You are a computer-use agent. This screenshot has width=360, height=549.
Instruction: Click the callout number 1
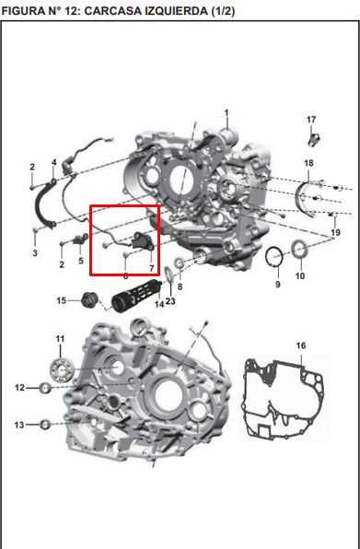coord(226,113)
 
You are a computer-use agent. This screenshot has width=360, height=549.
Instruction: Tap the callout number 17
coord(311,120)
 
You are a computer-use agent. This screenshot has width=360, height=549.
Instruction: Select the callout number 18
coord(308,163)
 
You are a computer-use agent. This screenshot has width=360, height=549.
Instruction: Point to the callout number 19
coord(335,232)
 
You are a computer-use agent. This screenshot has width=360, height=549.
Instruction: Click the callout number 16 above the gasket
coord(301,345)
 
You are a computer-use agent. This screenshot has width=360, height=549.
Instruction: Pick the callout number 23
coord(170,301)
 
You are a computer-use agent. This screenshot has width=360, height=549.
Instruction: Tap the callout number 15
coord(61,300)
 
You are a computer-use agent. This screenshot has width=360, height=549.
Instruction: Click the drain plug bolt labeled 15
coord(88,300)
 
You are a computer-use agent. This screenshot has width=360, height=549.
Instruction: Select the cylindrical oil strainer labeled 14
coord(135,297)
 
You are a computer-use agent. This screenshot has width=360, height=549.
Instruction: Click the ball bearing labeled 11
coord(62,369)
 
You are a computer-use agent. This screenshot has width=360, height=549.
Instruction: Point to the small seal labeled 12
coord(45,388)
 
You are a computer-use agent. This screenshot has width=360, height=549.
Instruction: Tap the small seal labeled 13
coord(45,425)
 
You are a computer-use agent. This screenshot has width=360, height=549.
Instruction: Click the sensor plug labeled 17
coord(314,140)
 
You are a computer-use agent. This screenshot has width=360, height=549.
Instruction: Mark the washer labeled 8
coord(180,263)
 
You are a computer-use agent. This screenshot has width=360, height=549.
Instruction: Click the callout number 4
coord(54,162)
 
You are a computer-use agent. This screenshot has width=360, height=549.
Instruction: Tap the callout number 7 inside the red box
coord(152,268)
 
